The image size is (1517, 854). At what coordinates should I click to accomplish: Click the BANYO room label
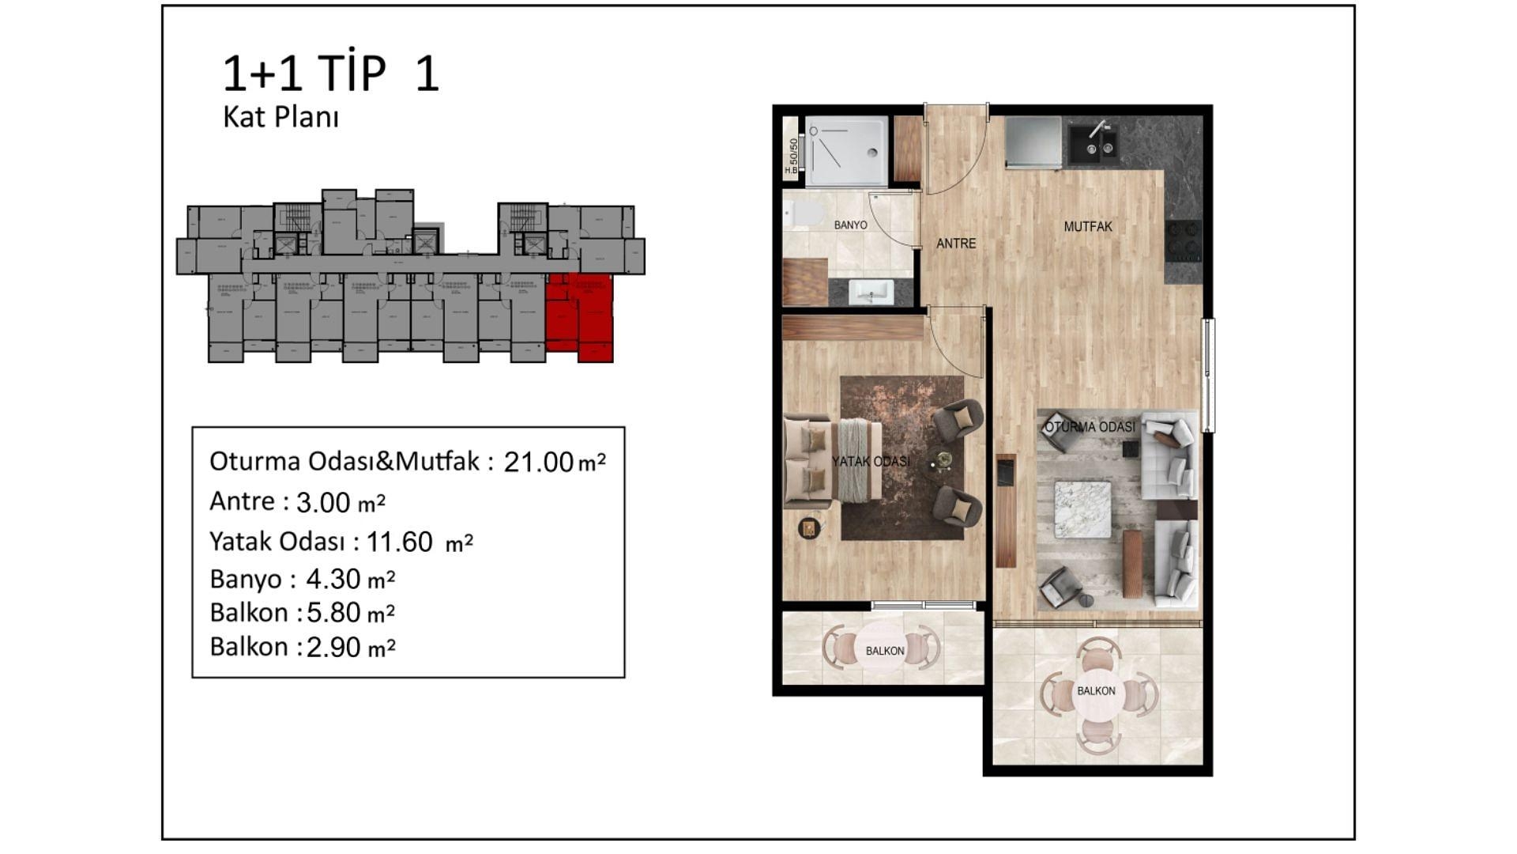pos(850,225)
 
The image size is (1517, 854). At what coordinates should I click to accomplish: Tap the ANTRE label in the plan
pos(956,244)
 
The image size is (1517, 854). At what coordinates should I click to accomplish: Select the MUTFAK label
pos(1087,227)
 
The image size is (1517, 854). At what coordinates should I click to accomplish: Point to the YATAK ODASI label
pos(871,461)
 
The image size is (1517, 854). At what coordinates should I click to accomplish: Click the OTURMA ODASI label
pos(1090,427)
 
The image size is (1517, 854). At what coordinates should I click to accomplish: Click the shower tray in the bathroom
pos(845,151)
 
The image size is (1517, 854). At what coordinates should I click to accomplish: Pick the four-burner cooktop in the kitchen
pos(1183,241)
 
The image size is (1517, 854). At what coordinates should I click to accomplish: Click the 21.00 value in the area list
pos(538,462)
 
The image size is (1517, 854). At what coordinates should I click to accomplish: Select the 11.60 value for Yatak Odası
pos(399,542)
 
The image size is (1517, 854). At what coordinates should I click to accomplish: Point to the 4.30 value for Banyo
pos(333,580)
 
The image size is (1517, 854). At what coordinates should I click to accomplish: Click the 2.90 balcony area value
pos(333,648)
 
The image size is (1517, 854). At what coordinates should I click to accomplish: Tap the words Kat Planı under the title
pos(280,117)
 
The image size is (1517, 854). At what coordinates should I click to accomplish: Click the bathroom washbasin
pos(871,292)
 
